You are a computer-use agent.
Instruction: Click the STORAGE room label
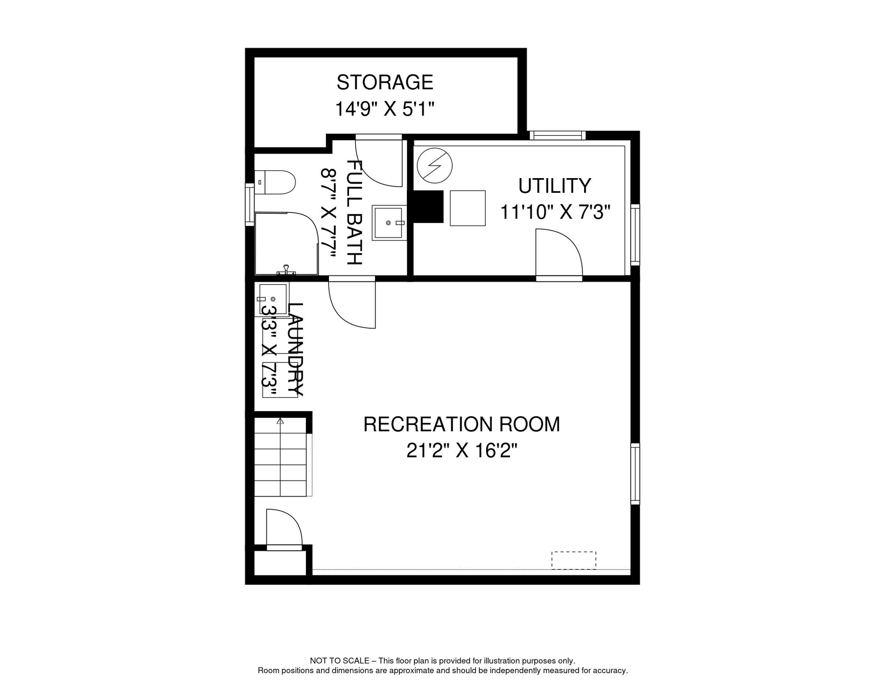(x=385, y=82)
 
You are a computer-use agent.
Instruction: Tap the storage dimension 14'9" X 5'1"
(x=385, y=109)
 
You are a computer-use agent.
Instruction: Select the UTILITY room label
(x=554, y=186)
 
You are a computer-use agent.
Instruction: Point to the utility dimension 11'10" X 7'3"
(x=555, y=212)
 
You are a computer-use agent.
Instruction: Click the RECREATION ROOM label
(x=461, y=424)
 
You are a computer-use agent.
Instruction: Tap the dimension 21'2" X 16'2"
(x=461, y=451)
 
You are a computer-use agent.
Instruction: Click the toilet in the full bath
(x=276, y=182)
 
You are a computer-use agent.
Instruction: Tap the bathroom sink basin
(x=388, y=223)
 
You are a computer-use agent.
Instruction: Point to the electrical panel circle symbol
(x=434, y=166)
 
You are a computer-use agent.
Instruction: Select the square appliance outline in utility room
(x=467, y=208)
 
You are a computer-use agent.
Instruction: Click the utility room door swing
(x=556, y=254)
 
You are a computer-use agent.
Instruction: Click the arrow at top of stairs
(x=280, y=421)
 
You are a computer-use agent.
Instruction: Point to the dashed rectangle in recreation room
(x=573, y=560)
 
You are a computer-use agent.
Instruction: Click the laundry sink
(x=272, y=298)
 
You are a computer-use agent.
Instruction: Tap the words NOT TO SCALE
(x=339, y=661)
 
